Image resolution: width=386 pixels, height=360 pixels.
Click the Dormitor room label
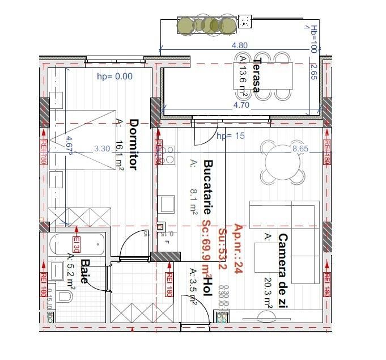(134, 144)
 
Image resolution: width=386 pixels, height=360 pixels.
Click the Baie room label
(85, 274)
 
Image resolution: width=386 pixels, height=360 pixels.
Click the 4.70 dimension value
(241, 105)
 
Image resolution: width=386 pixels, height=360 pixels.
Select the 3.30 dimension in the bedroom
(101, 149)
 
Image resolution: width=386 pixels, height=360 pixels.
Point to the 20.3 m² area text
(268, 292)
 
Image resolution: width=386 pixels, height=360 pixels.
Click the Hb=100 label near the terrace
(313, 38)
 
